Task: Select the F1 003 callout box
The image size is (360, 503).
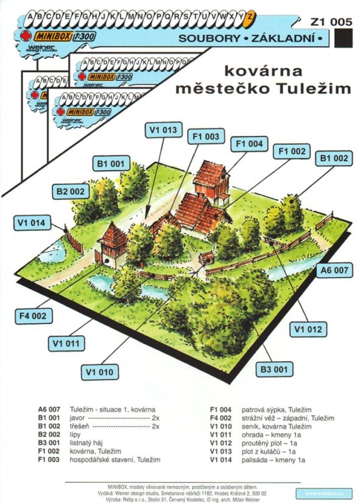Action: [x=204, y=137]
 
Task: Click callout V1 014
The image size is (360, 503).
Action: [x=29, y=223]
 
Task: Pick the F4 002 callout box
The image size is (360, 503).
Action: [x=34, y=316]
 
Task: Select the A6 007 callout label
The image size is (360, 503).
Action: [x=333, y=269]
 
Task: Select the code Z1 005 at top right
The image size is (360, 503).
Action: [x=331, y=22]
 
